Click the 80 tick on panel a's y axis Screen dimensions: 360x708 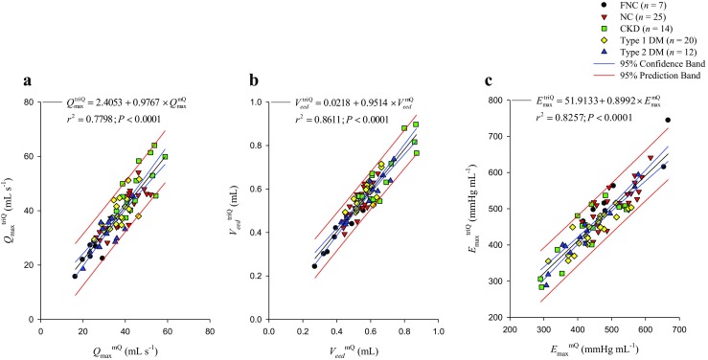pos(30,101)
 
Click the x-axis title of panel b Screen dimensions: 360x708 pos(355,348)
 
